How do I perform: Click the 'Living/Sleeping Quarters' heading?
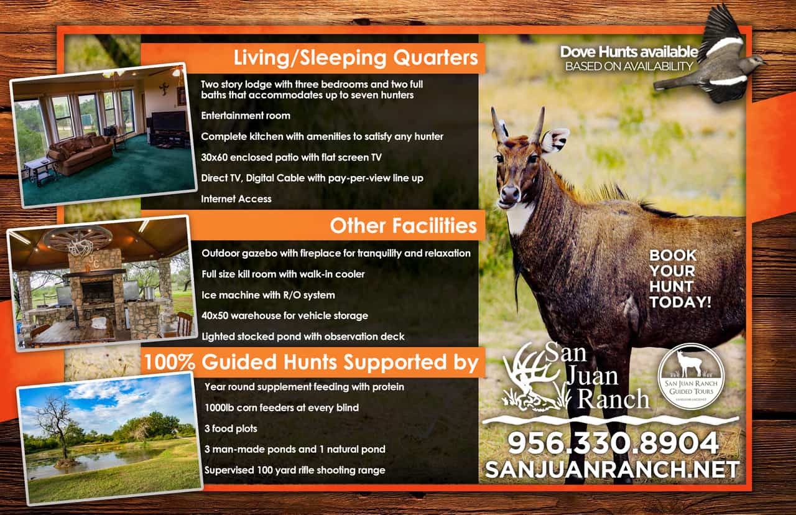coord(355,58)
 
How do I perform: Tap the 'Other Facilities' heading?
coord(404,226)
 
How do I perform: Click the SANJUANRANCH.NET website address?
coord(613,469)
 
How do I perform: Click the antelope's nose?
coord(509,193)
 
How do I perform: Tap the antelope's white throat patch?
coord(519,218)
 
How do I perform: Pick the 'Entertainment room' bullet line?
coord(246,116)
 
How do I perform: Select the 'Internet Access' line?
coord(236,198)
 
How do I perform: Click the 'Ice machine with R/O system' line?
coord(268,295)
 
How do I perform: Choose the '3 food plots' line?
coord(231,429)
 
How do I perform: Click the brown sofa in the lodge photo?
coord(80,154)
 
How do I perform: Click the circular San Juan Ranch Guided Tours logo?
coord(691,376)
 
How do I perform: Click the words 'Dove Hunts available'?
coord(629,52)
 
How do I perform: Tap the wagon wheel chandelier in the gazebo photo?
coord(78,238)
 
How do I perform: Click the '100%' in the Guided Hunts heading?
coord(170,362)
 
